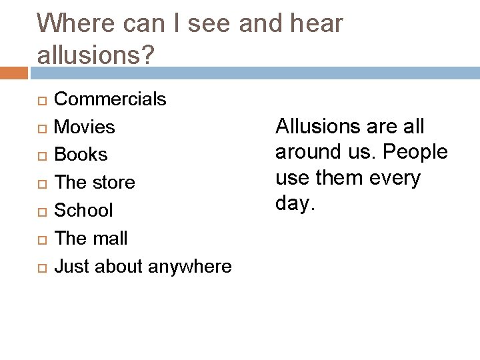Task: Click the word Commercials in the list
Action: click(110, 99)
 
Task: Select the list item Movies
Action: click(84, 127)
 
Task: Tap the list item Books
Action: click(80, 155)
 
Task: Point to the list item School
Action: click(83, 210)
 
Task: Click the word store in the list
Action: click(114, 183)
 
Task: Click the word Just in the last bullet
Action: click(72, 267)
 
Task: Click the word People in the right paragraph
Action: click(416, 152)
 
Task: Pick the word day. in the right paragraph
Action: click(293, 204)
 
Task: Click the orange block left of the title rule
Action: click(14, 72)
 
